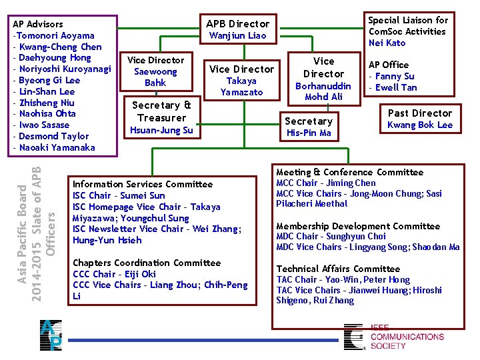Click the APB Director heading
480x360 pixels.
[x=237, y=23]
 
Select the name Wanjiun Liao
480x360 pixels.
[x=237, y=35]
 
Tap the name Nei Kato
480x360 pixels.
[x=387, y=43]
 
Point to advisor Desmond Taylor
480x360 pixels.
[x=53, y=136]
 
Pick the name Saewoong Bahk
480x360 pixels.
[x=155, y=77]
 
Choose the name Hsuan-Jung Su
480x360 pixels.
[x=162, y=130]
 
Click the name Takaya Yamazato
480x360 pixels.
[x=241, y=86]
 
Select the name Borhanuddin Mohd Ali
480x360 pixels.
[x=323, y=91]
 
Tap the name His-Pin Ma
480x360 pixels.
[x=308, y=133]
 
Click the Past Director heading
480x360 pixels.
[x=419, y=113]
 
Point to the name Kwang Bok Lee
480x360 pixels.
[x=419, y=125]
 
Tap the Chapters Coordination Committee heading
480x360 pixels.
[x=139, y=263]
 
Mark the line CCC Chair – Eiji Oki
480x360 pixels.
[x=114, y=274]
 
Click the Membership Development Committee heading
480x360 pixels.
[x=358, y=226]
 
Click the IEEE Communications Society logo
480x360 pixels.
[x=393, y=337]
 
